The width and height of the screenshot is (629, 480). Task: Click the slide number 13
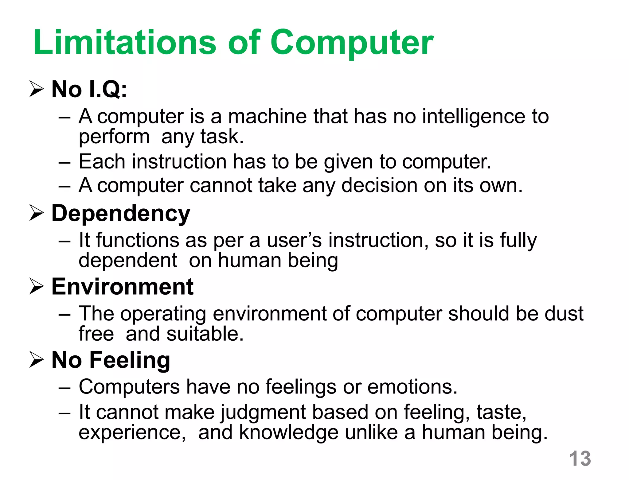click(x=580, y=459)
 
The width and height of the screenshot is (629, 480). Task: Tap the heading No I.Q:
click(x=89, y=89)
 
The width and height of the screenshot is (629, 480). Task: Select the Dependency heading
click(x=121, y=214)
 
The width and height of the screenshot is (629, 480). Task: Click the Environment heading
click(x=122, y=287)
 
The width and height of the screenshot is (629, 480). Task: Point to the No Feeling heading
click(x=111, y=360)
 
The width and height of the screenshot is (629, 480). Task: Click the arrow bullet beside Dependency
click(x=36, y=214)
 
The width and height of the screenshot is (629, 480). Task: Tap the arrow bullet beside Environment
click(x=36, y=287)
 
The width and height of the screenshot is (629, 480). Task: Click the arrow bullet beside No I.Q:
click(x=36, y=89)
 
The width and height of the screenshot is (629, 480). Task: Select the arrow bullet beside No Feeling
click(x=36, y=360)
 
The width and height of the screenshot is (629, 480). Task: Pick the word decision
click(x=379, y=186)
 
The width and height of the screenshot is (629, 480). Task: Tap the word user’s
click(x=294, y=240)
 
